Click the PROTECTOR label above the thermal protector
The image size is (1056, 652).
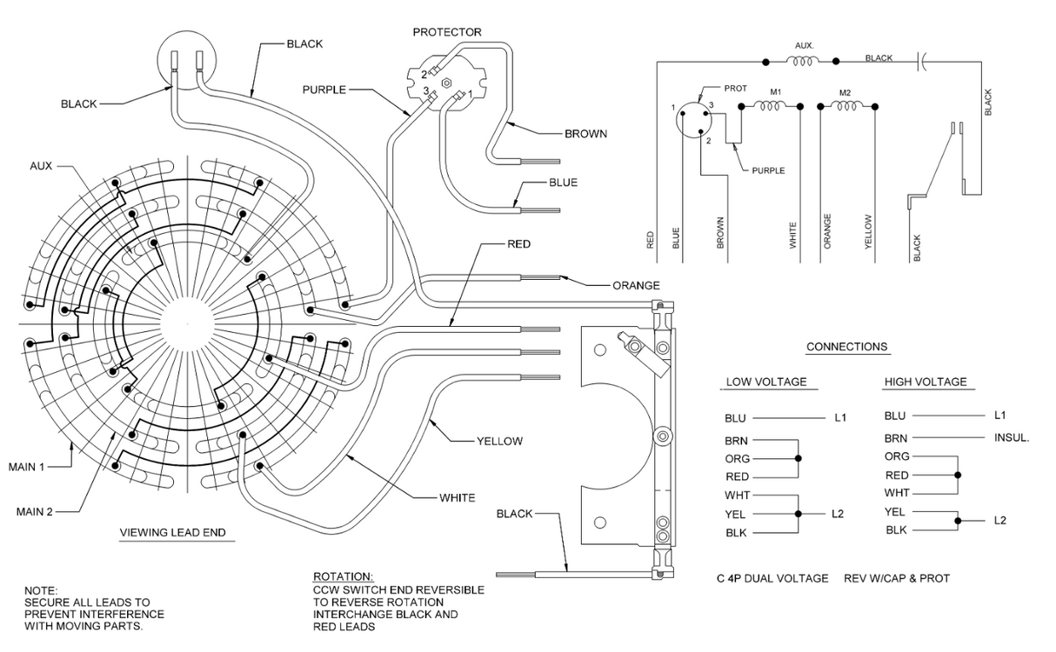[x=446, y=32]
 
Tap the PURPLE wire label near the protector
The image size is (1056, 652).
[x=324, y=90]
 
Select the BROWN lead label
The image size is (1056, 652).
[x=585, y=134]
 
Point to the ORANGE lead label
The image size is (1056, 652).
[x=636, y=285]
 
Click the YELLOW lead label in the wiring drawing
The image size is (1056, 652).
[x=499, y=441]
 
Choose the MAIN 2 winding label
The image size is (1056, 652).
[x=35, y=511]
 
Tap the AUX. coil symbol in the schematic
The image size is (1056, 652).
[x=802, y=61]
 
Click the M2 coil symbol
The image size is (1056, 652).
[x=845, y=106]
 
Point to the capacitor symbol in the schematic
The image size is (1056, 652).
[x=923, y=61]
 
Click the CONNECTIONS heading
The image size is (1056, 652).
[x=846, y=347]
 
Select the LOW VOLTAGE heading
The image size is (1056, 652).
[x=766, y=382]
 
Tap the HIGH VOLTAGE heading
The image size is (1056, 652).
[x=925, y=382]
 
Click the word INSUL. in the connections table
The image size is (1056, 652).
[x=1012, y=437]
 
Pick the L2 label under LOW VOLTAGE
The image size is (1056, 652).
[x=838, y=514]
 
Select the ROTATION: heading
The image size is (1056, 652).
[x=343, y=577]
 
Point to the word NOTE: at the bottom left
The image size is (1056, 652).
[x=40, y=590]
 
